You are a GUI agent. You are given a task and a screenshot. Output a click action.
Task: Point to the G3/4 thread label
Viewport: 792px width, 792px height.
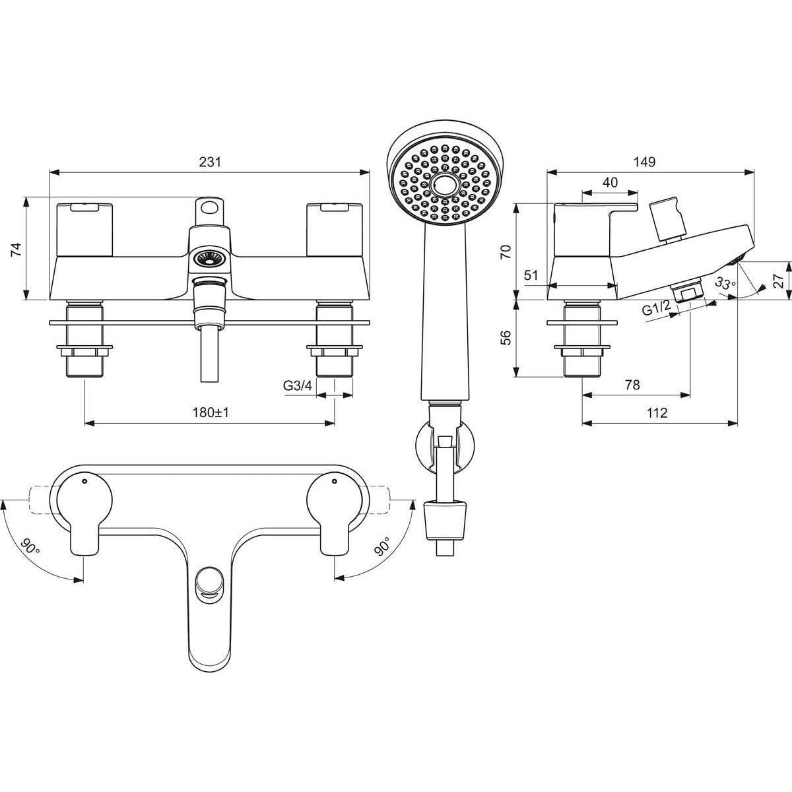(x=298, y=386)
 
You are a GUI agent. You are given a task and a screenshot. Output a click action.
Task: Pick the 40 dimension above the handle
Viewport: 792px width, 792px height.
(x=610, y=183)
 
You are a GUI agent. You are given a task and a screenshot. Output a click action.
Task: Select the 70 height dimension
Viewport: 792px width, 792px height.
(x=506, y=251)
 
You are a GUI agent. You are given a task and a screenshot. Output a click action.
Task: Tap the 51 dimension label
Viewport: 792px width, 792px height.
(x=531, y=276)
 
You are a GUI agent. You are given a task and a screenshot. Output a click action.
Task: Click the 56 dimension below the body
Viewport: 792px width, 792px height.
(x=506, y=337)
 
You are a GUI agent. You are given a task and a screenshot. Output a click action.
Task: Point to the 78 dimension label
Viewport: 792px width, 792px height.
(x=632, y=385)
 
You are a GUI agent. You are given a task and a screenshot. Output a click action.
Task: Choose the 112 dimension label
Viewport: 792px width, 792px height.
(x=657, y=412)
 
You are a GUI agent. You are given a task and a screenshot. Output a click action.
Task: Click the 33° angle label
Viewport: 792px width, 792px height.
(x=725, y=284)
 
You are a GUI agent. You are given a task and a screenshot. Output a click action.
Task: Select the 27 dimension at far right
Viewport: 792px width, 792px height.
(x=779, y=280)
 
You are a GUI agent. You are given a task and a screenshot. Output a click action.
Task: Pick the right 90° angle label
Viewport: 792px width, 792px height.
(x=381, y=546)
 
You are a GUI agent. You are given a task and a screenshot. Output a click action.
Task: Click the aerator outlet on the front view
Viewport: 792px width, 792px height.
(x=210, y=258)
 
